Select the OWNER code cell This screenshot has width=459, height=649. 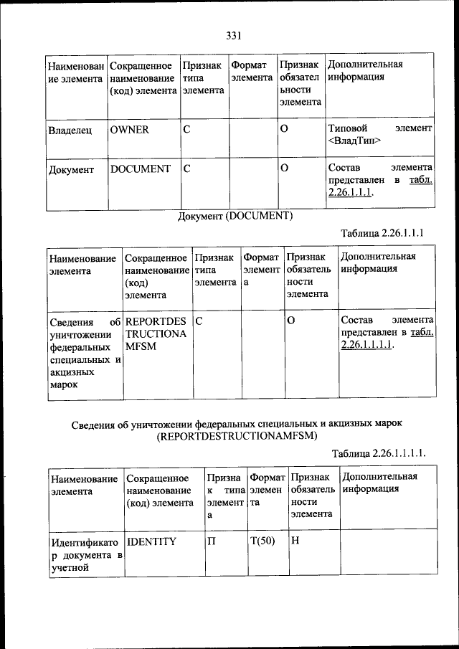[x=130, y=130]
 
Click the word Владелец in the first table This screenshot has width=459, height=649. [x=70, y=131]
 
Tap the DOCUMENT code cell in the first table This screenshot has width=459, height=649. [x=141, y=169]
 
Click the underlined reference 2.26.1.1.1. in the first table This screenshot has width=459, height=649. [x=350, y=192]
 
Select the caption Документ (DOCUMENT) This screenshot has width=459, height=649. [x=236, y=215]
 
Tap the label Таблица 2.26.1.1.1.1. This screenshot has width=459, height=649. [x=380, y=453]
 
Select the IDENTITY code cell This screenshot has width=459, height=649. [x=151, y=541]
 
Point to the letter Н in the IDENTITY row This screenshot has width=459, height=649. [x=295, y=541]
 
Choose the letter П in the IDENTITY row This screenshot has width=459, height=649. [x=212, y=541]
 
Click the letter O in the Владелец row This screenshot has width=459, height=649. [x=283, y=130]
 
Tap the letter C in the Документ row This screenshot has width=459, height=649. [x=186, y=169]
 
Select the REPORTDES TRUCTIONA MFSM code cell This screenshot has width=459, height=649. [x=155, y=333]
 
